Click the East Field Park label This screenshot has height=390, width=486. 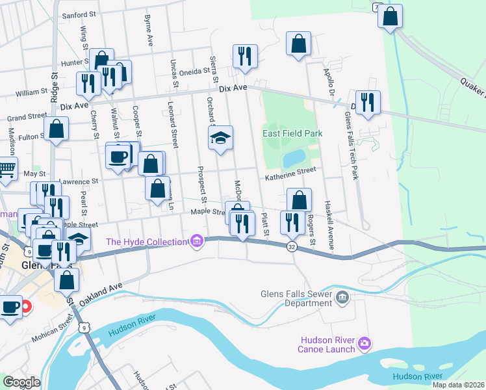pyautogui.click(x=292, y=133)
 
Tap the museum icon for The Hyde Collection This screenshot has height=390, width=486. pyautogui.click(x=196, y=242)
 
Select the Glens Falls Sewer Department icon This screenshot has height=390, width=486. pyautogui.click(x=343, y=298)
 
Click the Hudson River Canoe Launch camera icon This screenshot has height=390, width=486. pyautogui.click(x=364, y=342)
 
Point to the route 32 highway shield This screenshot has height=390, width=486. pyautogui.click(x=292, y=246)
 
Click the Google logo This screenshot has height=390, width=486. pyautogui.click(x=21, y=382)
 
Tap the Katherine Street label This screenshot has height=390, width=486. pyautogui.click(x=289, y=171)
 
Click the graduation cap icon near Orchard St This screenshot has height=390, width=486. pyautogui.click(x=220, y=137)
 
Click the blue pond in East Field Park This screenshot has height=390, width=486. pyautogui.click(x=294, y=157)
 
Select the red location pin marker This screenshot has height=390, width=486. pyautogui.click(x=25, y=306)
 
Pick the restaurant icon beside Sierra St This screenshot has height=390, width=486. pyautogui.click(x=245, y=56)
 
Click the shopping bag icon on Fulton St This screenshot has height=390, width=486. pyautogui.click(x=57, y=128)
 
